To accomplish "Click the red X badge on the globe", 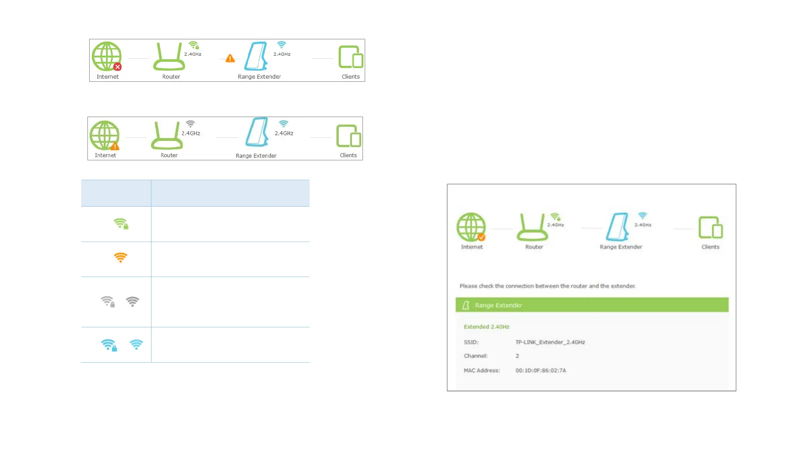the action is coord(117,67).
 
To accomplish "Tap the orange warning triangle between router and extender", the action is coord(230,58).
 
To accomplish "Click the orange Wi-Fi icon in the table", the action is coord(121,257).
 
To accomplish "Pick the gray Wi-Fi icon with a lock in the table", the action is coord(108,302).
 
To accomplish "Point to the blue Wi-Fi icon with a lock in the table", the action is coord(109,345).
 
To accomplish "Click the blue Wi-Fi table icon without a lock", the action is coord(136,345).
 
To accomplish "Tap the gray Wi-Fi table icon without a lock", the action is coord(132,302).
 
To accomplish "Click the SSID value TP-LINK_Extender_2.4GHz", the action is coord(550,342).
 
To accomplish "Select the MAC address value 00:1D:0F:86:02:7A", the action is coord(540,371).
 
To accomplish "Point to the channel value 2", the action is coord(517,356).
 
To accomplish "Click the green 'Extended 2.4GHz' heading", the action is coord(486,327).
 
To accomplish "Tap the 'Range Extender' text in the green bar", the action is coord(499,305).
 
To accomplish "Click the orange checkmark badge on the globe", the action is coord(481,237).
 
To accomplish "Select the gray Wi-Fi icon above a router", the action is coord(190,124).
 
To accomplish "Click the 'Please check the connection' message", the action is coord(547,286).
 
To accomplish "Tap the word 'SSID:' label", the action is coord(471,342).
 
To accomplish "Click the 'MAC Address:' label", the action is coord(481,371).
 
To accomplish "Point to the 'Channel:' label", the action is coord(475,356).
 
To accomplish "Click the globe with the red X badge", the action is coord(106,56).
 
